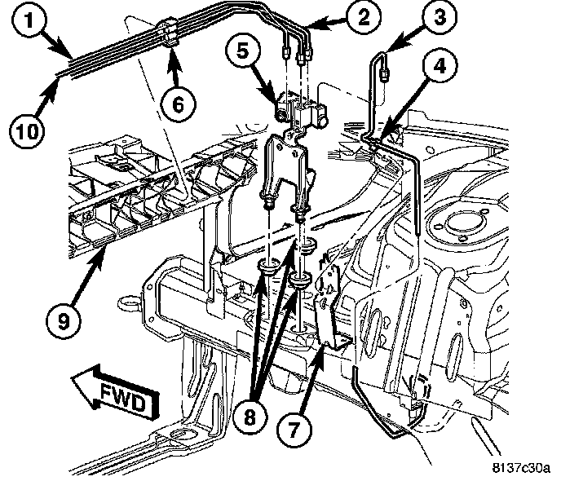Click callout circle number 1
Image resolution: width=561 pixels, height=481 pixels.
29,20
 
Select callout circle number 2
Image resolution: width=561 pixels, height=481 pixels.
364,17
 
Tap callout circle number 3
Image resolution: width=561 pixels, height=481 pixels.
440,17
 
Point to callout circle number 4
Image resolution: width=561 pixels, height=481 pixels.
440,67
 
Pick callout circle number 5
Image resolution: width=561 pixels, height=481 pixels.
243,51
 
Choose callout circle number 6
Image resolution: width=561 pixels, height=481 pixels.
178,105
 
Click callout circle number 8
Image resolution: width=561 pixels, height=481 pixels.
250,417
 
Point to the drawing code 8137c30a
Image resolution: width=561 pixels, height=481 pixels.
520,468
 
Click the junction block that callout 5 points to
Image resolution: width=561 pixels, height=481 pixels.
300,108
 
